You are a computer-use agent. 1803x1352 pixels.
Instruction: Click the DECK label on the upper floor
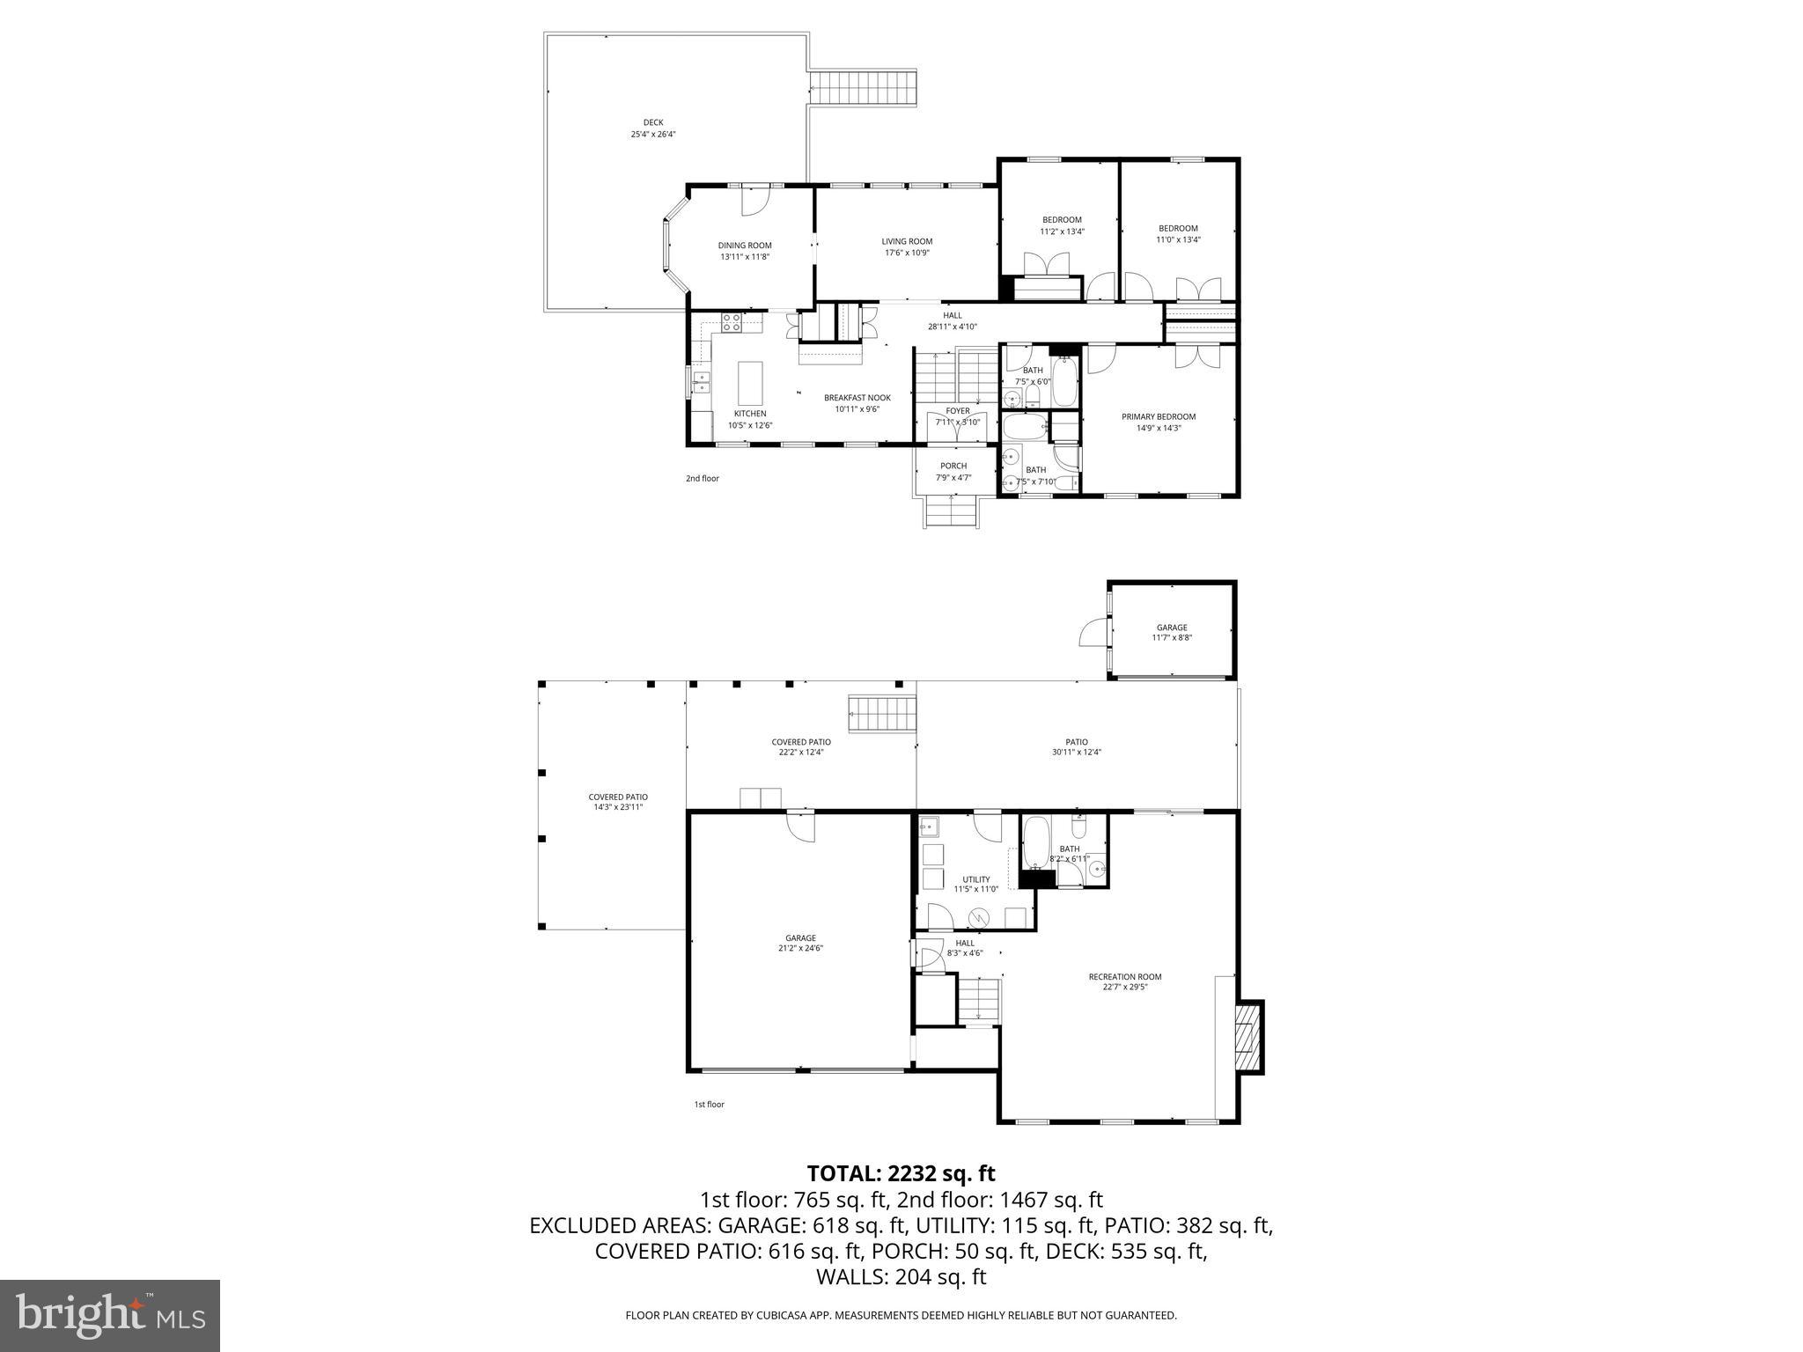click(x=652, y=123)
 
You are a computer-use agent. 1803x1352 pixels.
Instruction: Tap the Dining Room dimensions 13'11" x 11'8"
click(x=745, y=257)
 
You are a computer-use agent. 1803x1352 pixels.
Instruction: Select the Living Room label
click(x=907, y=241)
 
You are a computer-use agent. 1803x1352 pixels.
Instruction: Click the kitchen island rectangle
click(x=750, y=383)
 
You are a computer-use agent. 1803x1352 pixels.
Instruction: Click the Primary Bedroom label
click(x=1158, y=417)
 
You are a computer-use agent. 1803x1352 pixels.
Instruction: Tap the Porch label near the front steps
click(x=953, y=466)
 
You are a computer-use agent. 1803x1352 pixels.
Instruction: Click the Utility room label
click(x=975, y=879)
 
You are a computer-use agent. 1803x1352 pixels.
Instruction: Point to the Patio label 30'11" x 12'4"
click(x=1076, y=742)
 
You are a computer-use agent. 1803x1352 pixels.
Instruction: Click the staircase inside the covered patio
click(x=882, y=713)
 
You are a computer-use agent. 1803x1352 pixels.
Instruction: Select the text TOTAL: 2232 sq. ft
click(x=901, y=1173)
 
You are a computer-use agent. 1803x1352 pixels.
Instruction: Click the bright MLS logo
click(x=110, y=1316)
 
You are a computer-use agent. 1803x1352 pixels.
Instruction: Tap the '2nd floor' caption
click(x=702, y=479)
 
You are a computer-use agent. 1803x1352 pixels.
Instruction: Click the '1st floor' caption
click(x=709, y=1105)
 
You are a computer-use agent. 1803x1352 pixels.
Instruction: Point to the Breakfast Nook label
click(x=857, y=398)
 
